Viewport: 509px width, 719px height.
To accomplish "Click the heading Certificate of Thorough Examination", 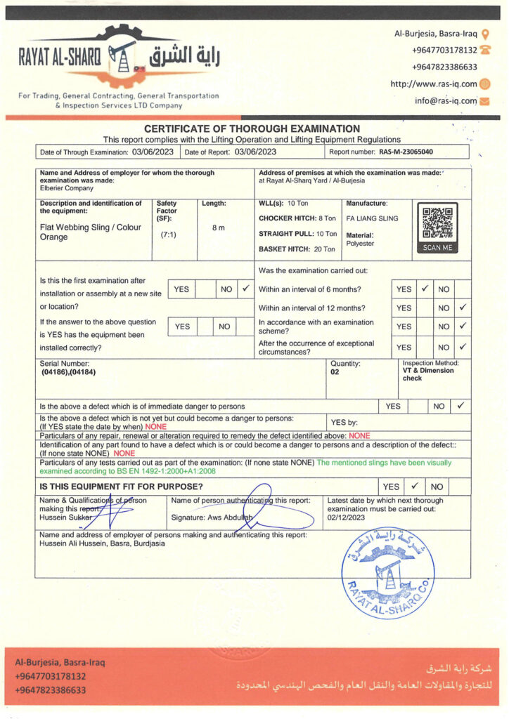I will (252, 128).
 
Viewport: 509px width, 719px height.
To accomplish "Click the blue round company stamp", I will (389, 572).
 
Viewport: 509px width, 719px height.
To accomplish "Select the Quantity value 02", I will (335, 372).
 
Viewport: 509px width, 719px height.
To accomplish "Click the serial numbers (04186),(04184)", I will (68, 372).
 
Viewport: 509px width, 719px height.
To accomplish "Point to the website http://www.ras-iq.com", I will (434, 84).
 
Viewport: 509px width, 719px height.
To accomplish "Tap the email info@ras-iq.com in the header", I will (446, 101).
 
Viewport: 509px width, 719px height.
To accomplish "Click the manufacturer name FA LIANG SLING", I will (372, 218).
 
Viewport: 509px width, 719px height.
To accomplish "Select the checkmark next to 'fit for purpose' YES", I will (415, 486).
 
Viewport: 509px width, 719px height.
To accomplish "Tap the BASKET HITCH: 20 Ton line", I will (297, 249).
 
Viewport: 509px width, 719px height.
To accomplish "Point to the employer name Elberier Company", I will (67, 188).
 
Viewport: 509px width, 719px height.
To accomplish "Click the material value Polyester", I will (361, 244).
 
